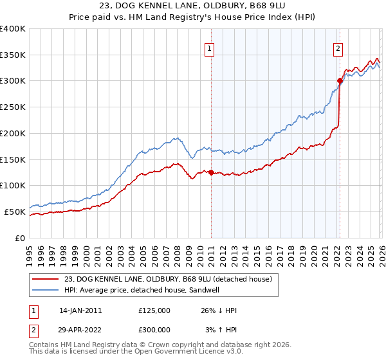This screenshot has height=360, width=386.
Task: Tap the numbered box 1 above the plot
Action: click(210, 47)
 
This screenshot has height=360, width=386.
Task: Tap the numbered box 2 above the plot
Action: click(338, 47)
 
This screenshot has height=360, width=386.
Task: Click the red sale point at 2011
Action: click(211, 172)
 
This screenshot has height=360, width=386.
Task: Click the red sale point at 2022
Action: click(340, 80)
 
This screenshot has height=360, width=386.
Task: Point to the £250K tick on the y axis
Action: click(13, 107)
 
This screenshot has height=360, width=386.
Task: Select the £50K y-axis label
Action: click(15, 212)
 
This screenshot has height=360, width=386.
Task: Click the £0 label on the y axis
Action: click(20, 238)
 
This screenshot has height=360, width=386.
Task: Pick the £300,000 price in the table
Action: click(154, 329)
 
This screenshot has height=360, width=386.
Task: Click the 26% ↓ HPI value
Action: click(219, 310)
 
